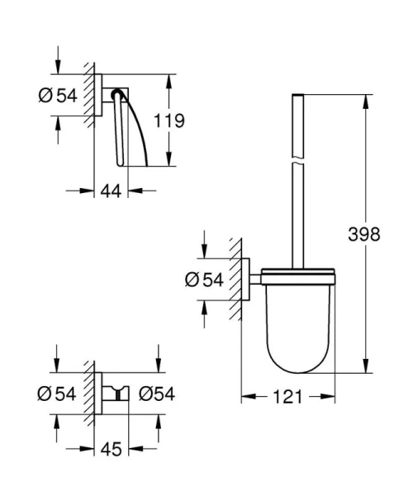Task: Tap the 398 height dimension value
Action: pyautogui.click(x=363, y=234)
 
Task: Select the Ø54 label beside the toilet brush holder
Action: pyautogui.click(x=204, y=280)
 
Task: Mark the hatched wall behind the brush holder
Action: pyautogui.click(x=236, y=280)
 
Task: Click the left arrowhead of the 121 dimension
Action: pyautogui.click(x=244, y=397)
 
